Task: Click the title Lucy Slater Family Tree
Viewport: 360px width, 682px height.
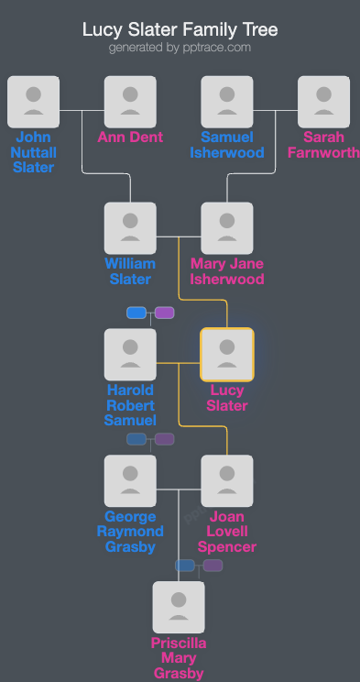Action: [x=180, y=30]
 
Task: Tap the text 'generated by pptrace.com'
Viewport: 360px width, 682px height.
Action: [x=180, y=48]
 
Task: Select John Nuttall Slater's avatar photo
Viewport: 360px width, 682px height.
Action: [x=33, y=102]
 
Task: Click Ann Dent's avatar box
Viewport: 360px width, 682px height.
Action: [x=130, y=102]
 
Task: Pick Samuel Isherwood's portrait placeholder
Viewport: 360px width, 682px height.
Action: [x=227, y=102]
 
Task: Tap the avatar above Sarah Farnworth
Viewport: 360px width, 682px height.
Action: [x=324, y=102]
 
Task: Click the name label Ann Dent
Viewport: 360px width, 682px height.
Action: [x=130, y=137]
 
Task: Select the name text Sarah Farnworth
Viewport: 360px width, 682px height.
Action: [x=324, y=145]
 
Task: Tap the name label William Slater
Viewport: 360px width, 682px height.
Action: [x=130, y=271]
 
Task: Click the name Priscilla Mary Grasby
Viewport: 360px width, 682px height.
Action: [x=179, y=658]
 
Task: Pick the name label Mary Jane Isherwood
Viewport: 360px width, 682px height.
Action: [x=227, y=271]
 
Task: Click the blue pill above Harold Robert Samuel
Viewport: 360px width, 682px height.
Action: [x=136, y=313]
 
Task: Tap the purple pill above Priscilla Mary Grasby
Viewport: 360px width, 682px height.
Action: [x=213, y=566]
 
